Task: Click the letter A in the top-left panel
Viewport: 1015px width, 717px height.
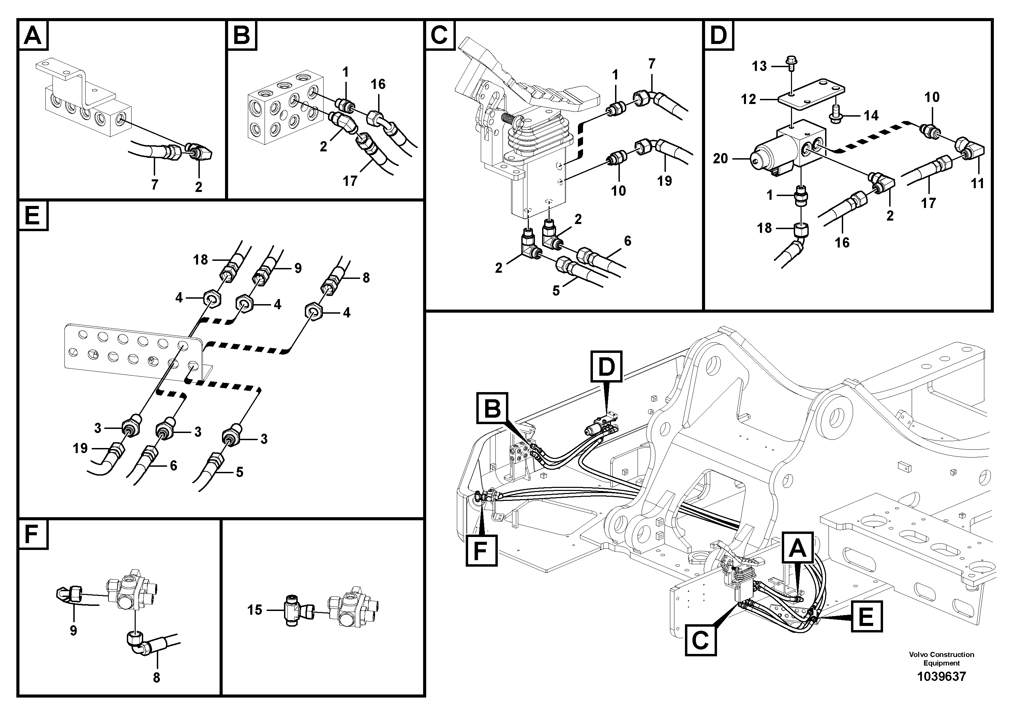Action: tap(33, 36)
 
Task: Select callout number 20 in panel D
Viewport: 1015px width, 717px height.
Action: tap(720, 158)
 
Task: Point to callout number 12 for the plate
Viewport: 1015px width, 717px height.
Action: tap(748, 100)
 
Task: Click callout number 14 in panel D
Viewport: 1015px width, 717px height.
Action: tap(871, 116)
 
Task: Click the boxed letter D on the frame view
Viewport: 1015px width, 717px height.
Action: tap(606, 367)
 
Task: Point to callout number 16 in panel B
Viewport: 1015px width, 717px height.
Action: tap(378, 84)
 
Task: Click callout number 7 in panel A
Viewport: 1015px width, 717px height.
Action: tap(154, 184)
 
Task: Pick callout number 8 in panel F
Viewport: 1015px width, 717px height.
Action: tap(156, 678)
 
